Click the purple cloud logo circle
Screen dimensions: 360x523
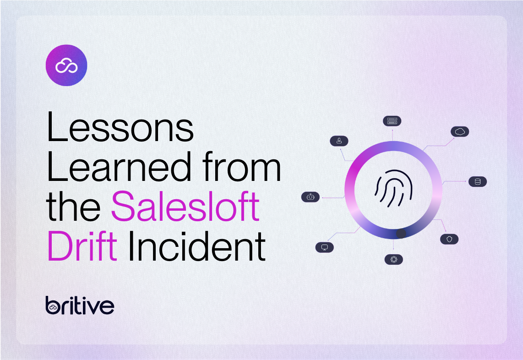(x=66, y=65)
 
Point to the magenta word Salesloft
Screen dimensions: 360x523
(x=185, y=207)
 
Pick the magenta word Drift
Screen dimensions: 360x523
(x=82, y=246)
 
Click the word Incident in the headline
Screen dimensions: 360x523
(x=196, y=246)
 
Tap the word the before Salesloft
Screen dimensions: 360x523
(x=74, y=207)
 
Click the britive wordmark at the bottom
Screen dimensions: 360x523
(x=80, y=305)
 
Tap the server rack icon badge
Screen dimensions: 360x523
(x=392, y=121)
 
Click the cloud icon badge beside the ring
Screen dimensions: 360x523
(x=460, y=132)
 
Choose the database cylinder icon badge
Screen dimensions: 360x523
(x=478, y=181)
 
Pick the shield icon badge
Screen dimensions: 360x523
(x=449, y=239)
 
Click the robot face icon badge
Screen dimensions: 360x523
(x=310, y=197)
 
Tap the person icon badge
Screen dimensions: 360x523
(x=339, y=141)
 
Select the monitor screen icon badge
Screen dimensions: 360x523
(x=325, y=247)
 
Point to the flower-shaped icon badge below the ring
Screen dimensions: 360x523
(x=393, y=259)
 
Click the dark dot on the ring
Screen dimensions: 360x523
(x=401, y=234)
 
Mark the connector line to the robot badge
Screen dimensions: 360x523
(x=333, y=197)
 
